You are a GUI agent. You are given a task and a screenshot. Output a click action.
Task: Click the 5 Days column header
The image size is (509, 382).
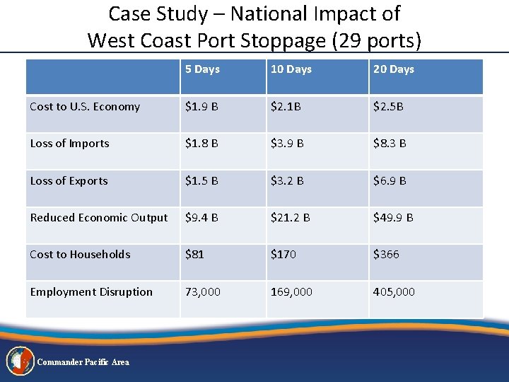pyautogui.click(x=202, y=69)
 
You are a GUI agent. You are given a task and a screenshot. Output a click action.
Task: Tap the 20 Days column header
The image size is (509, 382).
pyautogui.click(x=394, y=69)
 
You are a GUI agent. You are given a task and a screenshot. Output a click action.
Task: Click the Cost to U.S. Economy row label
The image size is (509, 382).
pyautogui.click(x=85, y=107)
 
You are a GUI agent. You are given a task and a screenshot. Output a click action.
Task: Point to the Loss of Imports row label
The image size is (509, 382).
pyautogui.click(x=69, y=144)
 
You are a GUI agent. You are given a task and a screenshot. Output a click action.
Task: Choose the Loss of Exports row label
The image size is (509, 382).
pyautogui.click(x=69, y=181)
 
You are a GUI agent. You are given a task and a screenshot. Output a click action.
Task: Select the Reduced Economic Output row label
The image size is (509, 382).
pyautogui.click(x=99, y=218)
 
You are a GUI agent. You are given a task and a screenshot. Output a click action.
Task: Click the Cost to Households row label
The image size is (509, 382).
pyautogui.click(x=80, y=255)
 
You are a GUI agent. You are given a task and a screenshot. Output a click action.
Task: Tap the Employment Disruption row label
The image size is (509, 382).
pyautogui.click(x=91, y=292)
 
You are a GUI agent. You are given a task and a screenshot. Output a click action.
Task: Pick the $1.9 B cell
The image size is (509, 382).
pyautogui.click(x=201, y=107)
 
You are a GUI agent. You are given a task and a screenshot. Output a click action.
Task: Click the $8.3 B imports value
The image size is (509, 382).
pyautogui.click(x=390, y=144)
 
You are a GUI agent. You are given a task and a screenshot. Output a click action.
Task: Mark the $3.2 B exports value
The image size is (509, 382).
pyautogui.click(x=287, y=181)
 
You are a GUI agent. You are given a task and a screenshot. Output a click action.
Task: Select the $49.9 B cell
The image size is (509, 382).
pyautogui.click(x=393, y=218)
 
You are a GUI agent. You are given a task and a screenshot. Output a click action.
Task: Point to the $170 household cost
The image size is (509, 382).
pyautogui.click(x=283, y=255)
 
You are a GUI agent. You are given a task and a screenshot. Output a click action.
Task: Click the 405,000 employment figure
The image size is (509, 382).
pyautogui.click(x=394, y=292)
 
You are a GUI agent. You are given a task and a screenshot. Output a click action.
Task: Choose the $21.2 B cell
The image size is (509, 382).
pyautogui.click(x=290, y=218)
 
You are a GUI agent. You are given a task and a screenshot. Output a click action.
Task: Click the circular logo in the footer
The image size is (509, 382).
pyautogui.click(x=20, y=361)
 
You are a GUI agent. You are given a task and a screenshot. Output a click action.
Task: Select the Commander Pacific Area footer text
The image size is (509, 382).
pyautogui.click(x=83, y=362)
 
